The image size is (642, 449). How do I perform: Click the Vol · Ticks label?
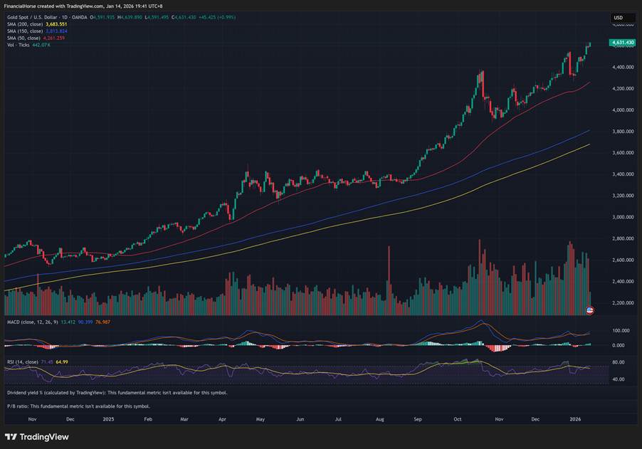point(19,45)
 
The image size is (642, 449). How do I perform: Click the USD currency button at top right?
point(619,18)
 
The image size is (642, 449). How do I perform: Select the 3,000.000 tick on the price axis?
point(623,217)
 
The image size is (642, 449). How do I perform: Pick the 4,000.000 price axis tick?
point(623,110)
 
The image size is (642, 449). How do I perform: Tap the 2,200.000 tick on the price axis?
point(623,303)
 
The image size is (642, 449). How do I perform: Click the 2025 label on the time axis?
point(107,420)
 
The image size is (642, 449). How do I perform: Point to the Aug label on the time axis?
point(377,420)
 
